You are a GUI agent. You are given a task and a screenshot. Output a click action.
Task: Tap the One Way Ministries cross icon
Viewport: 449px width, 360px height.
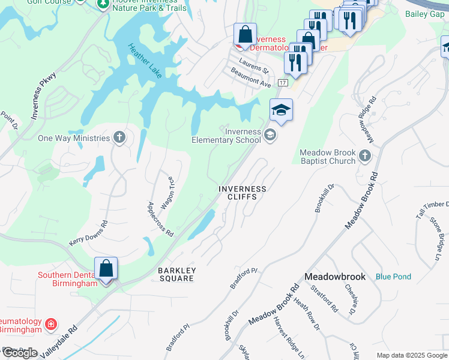pyautogui.click(x=119, y=138)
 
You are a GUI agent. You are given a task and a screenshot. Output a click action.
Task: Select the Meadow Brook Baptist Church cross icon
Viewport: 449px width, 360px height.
pyautogui.click(x=365, y=157)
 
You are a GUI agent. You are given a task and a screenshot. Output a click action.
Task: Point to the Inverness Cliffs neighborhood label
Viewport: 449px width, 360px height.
pyautogui.click(x=242, y=193)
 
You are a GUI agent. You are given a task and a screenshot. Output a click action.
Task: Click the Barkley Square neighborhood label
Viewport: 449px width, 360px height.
pyautogui.click(x=176, y=274)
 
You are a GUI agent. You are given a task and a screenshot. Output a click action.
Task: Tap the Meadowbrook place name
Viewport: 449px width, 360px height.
pyautogui.click(x=335, y=277)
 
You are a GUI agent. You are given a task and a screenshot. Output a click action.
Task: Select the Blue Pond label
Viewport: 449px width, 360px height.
pyautogui.click(x=393, y=277)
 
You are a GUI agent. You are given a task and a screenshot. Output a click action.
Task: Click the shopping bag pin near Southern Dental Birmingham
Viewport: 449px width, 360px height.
pyautogui.click(x=106, y=268)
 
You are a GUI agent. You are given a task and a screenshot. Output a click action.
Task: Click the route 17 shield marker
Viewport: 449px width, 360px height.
pyautogui.click(x=283, y=82)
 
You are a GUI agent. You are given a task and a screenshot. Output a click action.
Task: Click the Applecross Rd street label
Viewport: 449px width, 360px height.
pyautogui.click(x=160, y=218)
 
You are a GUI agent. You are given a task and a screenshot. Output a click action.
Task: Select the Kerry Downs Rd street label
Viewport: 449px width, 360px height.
pyautogui.click(x=88, y=233)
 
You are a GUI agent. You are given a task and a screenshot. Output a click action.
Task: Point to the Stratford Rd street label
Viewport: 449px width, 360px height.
pyautogui.click(x=325, y=299)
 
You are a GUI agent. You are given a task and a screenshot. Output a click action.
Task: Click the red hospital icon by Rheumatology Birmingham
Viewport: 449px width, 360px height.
pyautogui.click(x=52, y=325)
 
